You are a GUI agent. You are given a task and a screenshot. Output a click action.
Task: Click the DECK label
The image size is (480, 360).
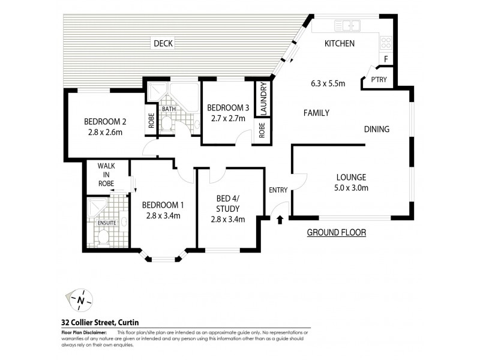[163, 43]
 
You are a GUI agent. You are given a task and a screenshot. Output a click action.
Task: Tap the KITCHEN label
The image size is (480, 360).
[340, 43]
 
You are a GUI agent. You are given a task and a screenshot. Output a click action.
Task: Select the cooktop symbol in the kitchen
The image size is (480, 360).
[386, 43]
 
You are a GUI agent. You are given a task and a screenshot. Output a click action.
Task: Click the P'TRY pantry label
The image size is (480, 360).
[378, 80]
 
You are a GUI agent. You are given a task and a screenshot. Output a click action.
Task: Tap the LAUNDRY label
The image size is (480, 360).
[263, 99]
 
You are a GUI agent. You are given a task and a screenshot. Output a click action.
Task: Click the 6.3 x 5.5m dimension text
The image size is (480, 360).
[328, 83]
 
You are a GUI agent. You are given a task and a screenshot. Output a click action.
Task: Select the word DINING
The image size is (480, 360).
[377, 129]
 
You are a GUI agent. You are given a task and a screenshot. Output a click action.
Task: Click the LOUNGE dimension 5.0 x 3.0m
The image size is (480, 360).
[351, 188]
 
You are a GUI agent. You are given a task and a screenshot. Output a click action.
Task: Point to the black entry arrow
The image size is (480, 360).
[280, 220]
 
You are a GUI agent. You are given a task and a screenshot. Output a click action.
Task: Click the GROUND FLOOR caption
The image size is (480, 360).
[336, 232]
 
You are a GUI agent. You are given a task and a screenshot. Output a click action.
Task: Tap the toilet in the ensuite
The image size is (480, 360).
[103, 238]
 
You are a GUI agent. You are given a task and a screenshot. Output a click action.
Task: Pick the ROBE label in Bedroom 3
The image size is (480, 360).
[262, 130]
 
